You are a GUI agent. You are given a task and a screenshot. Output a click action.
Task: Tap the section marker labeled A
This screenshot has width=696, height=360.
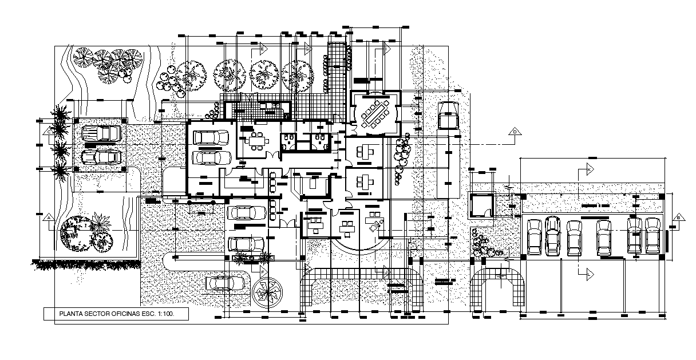(49, 217)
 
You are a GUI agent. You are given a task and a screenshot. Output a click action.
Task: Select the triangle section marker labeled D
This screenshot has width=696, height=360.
(515, 132)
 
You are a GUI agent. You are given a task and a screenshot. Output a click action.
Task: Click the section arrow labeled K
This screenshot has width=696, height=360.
(589, 170)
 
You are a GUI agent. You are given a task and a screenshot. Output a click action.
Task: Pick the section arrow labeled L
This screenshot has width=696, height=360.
(589, 274)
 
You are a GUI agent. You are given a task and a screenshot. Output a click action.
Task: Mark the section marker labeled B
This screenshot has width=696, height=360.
(678, 217)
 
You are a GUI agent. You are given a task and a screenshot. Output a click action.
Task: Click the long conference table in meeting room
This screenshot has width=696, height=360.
(375, 114)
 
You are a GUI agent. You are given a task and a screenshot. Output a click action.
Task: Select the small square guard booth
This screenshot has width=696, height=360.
(482, 206)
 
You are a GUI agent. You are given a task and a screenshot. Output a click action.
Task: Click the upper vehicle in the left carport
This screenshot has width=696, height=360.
(101, 134)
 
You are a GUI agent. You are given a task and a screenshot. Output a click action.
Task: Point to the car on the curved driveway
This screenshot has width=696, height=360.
(225, 282)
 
